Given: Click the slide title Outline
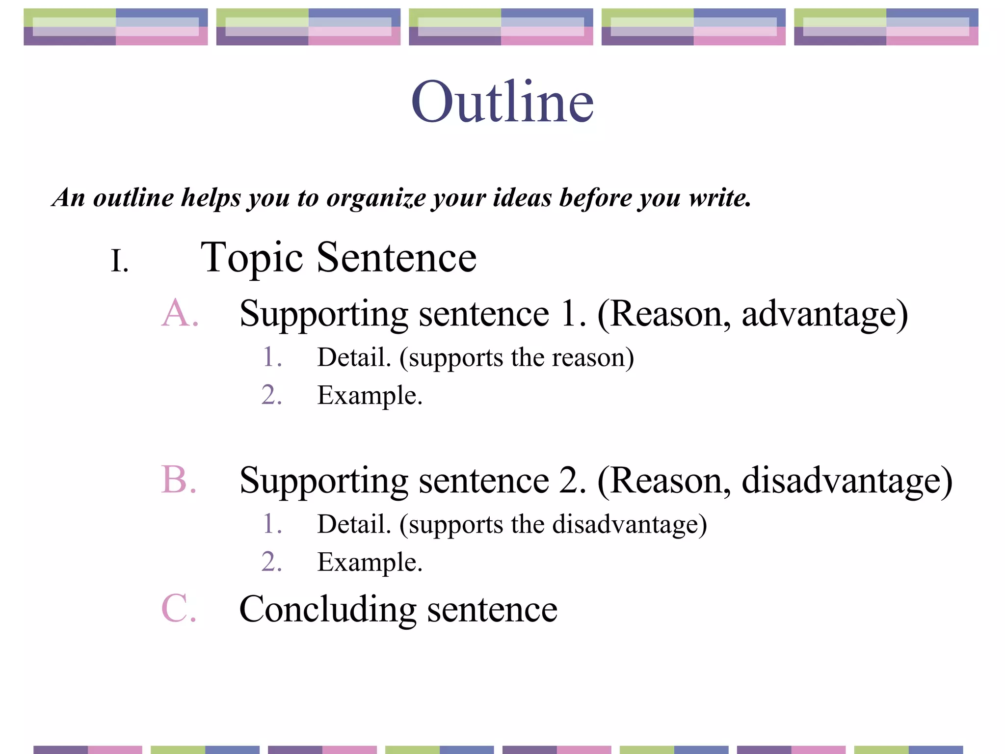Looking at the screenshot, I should (x=502, y=102).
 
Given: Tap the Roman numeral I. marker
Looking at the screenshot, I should (x=120, y=261).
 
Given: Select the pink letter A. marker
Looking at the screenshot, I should (x=180, y=313).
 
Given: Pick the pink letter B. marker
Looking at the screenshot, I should (x=179, y=480).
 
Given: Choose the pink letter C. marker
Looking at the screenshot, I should (x=179, y=608).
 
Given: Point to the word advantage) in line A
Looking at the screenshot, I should (x=824, y=314).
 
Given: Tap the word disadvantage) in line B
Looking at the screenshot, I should (x=847, y=481).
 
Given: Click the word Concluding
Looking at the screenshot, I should (x=328, y=610).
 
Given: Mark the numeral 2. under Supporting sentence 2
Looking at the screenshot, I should (x=272, y=562).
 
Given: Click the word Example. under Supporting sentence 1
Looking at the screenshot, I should (x=370, y=396).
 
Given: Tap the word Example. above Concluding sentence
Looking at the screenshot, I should (x=370, y=563).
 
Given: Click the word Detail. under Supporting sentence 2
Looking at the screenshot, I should (x=354, y=524).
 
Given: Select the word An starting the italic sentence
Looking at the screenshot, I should (x=69, y=198).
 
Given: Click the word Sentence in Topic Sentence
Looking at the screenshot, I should (x=397, y=258).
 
